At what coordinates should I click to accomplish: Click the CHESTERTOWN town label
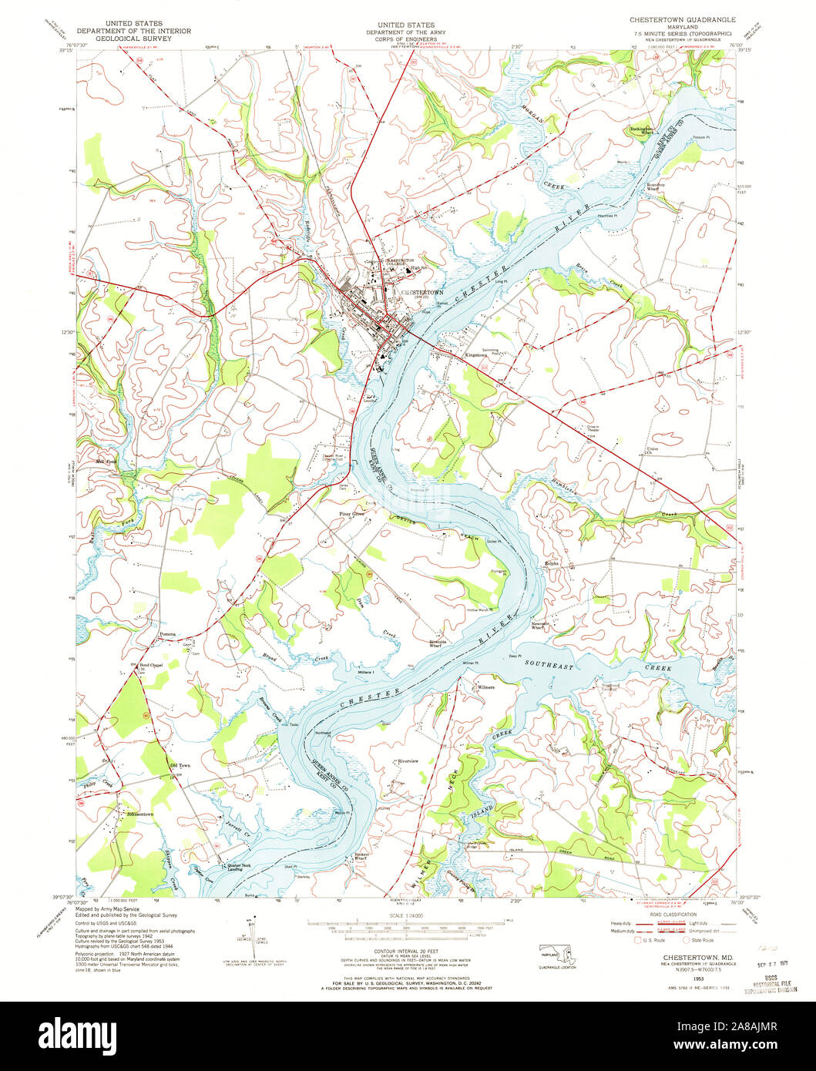pos(425,293)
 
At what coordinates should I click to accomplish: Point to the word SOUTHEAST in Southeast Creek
pos(550,663)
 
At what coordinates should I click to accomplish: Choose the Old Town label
pos(179,765)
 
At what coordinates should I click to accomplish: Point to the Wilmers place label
pos(485,687)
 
